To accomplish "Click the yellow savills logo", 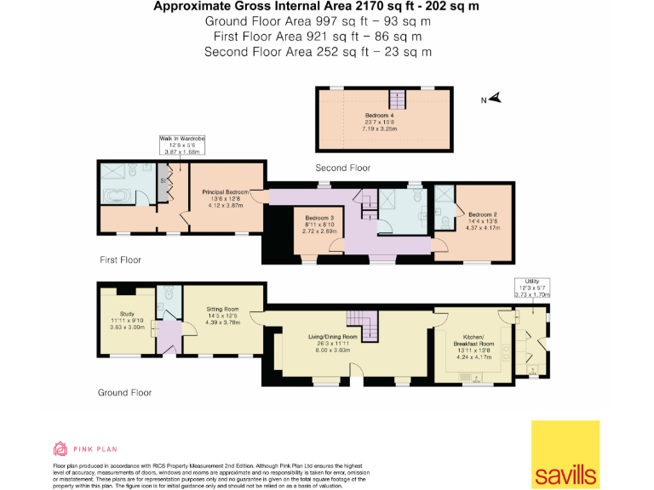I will [x=565, y=454].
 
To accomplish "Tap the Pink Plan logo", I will [x=85, y=448].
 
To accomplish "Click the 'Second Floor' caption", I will [x=343, y=168].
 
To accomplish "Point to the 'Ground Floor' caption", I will [x=124, y=393].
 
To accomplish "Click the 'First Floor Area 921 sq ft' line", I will [x=318, y=37].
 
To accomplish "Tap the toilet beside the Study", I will [x=170, y=293].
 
